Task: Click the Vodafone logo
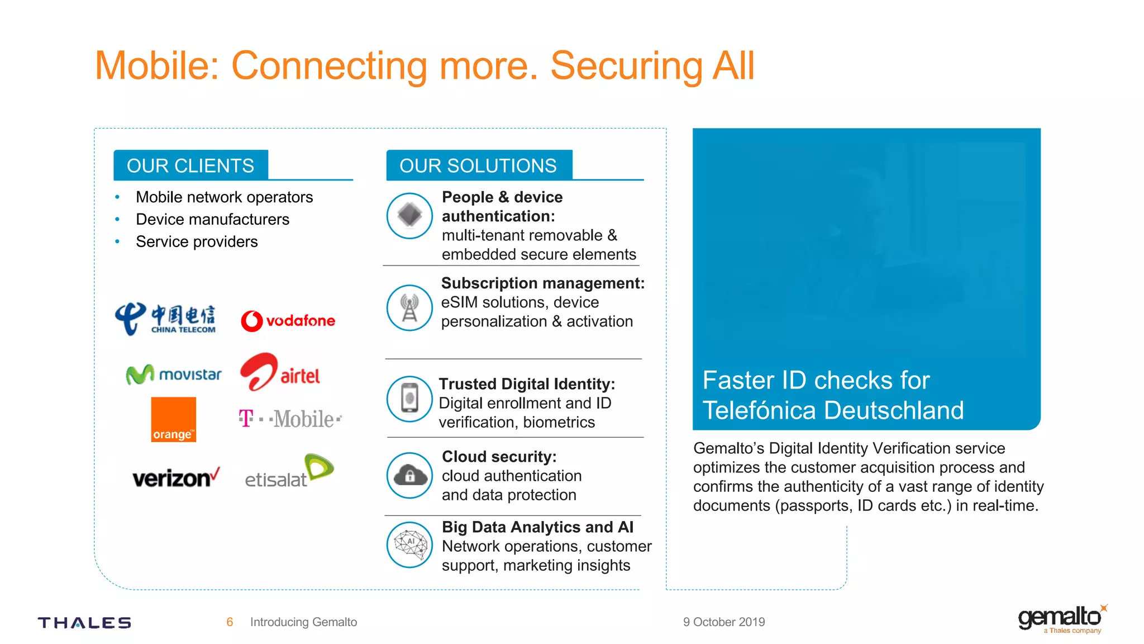288,321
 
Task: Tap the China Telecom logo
165,319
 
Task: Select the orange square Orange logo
173,419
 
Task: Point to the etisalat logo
289,472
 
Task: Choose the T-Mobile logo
290,419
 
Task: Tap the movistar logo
174,374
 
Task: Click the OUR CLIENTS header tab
190,165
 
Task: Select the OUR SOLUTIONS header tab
478,165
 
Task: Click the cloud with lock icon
410,476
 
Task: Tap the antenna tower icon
409,308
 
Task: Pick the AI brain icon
410,544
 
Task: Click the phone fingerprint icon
410,399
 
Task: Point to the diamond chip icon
409,216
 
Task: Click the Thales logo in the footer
84,623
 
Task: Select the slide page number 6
230,622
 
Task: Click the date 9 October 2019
724,622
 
